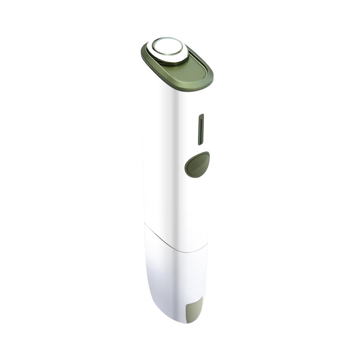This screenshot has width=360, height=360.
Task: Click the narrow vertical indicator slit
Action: (201, 130)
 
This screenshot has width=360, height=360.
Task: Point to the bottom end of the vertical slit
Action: (200, 144)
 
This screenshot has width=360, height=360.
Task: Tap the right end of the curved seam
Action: (207, 243)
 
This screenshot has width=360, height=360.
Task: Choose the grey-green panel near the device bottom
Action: (194, 309)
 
